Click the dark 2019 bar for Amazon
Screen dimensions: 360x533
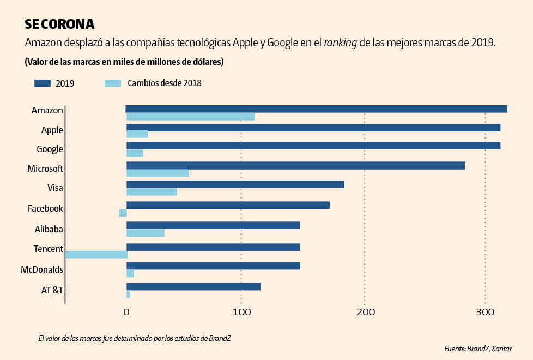[316, 109]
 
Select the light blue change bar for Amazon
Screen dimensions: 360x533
[190, 117]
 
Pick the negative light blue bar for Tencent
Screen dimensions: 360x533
[96, 255]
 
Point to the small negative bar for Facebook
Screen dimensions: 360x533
[123, 213]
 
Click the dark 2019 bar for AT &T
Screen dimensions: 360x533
[193, 286]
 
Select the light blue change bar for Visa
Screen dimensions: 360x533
[152, 192]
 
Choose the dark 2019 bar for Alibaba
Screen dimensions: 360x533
[213, 225]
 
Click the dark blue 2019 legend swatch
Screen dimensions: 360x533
[50, 83]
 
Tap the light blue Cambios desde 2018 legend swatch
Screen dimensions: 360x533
[112, 83]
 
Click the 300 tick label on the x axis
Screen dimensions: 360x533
[485, 312]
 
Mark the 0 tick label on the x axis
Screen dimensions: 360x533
[126, 312]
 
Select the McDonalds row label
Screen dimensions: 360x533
[42, 269]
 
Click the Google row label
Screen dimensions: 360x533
[50, 149]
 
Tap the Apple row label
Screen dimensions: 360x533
[52, 130]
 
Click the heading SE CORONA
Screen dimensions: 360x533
[59, 25]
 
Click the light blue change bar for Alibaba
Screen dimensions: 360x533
[145, 233]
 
